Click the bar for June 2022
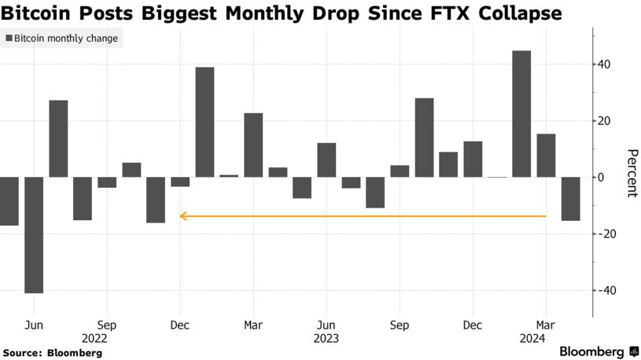pos(34,235)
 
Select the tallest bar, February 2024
pos(521,114)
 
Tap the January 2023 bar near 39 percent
pos(204,122)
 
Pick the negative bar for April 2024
pos(570,199)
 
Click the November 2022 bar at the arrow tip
pos(156,200)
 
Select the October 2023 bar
pos(424,138)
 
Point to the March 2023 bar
pos(253,145)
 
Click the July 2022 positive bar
pos(58,138)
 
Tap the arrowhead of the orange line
pos(182,215)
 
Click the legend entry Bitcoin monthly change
pos(61,39)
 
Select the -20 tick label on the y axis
pos(606,234)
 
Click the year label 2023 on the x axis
pos(326,339)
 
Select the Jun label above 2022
pos(34,325)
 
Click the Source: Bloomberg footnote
pos(53,353)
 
